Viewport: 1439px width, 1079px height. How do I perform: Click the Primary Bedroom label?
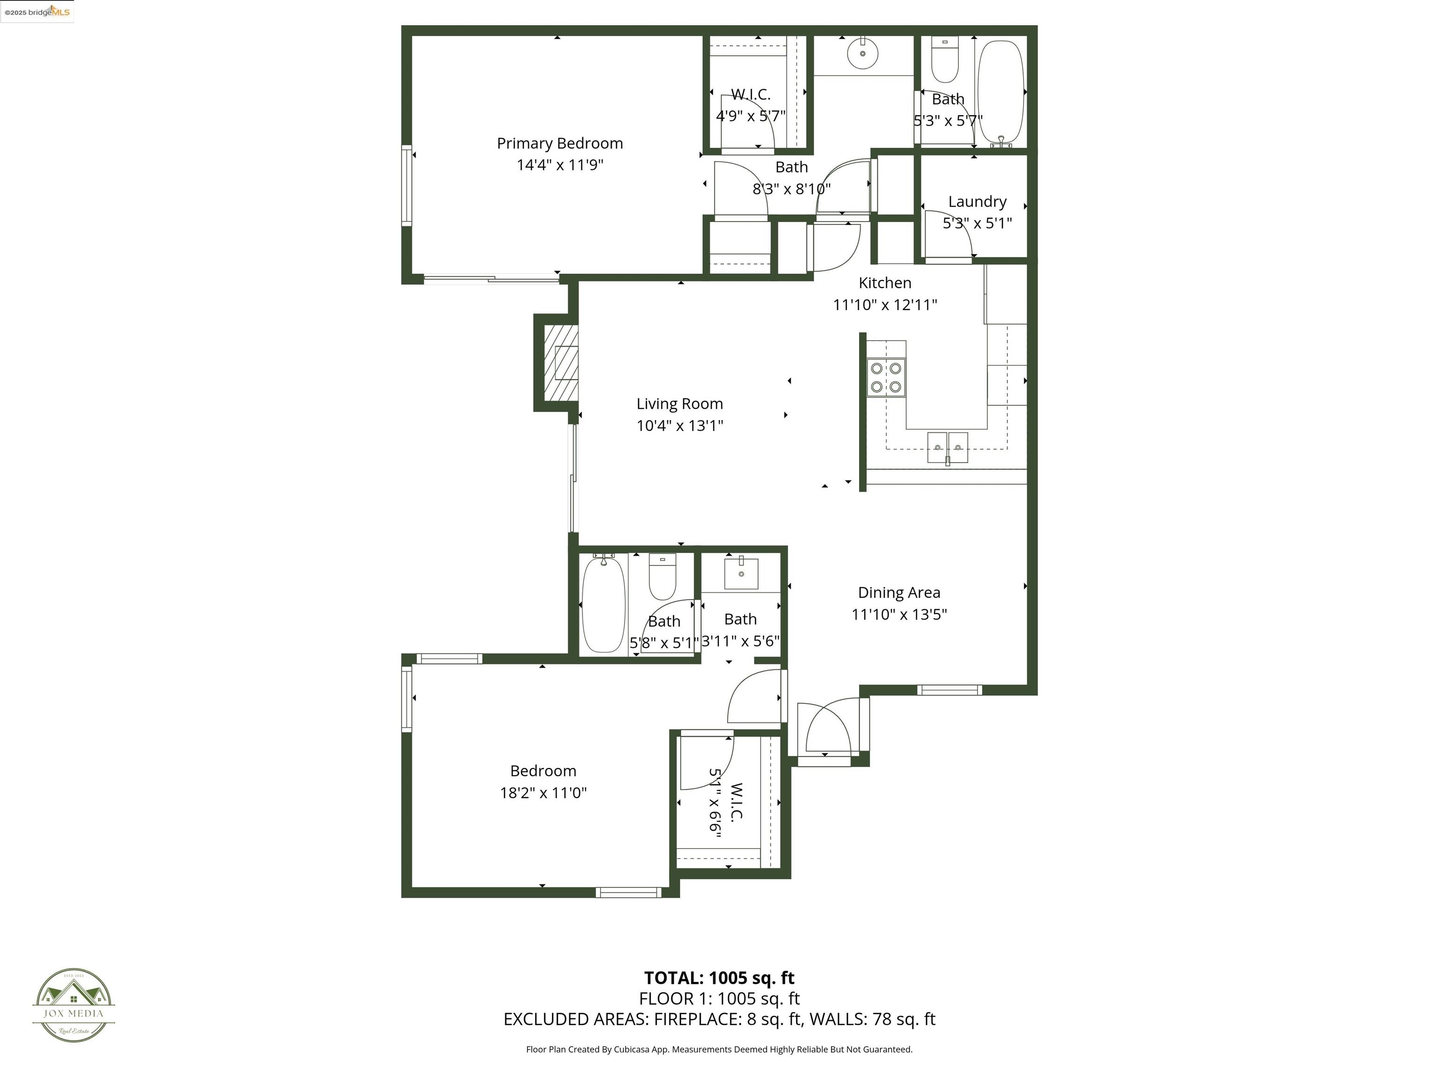click(559, 143)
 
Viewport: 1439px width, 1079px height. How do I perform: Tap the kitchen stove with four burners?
click(885, 378)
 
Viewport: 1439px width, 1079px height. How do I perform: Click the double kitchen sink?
click(947, 447)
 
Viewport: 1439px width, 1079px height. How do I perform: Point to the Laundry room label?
click(977, 202)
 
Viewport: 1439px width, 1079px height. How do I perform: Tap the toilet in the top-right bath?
click(945, 59)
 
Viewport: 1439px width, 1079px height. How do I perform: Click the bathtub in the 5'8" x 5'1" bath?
click(603, 604)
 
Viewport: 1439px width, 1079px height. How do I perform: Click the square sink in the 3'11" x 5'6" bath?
click(741, 574)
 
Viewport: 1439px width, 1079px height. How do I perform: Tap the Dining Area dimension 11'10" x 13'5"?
click(899, 614)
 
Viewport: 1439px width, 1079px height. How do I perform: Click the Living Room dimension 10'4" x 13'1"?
click(679, 425)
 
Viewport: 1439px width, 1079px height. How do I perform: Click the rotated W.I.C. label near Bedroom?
click(736, 801)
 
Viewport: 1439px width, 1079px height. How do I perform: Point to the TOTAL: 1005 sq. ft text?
click(719, 977)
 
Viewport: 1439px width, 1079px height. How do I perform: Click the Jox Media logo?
click(74, 1005)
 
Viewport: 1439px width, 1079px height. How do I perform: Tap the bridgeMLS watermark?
click(37, 12)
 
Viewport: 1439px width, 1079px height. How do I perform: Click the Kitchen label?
click(885, 283)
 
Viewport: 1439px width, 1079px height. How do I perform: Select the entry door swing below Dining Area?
click(826, 727)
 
